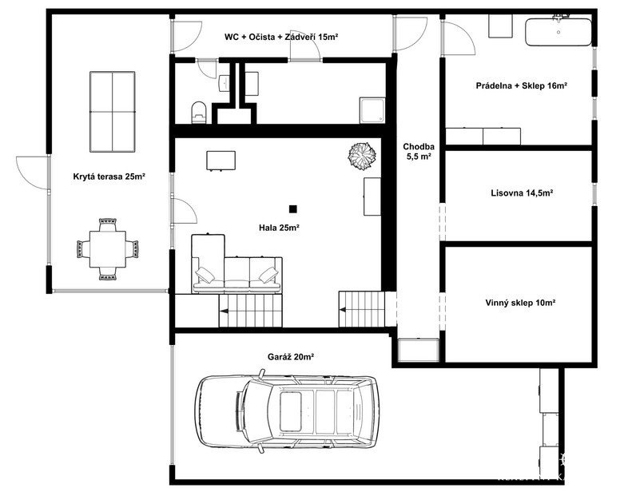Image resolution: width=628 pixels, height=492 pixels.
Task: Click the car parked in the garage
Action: tap(287, 412)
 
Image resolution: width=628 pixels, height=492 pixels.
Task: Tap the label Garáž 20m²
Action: tap(290, 357)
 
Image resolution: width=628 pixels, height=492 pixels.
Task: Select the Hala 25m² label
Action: tap(279, 228)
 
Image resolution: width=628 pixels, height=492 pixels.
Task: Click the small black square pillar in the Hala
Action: tap(293, 208)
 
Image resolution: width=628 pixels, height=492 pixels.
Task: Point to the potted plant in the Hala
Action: tap(362, 155)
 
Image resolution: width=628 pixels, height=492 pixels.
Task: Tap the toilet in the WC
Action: tap(199, 113)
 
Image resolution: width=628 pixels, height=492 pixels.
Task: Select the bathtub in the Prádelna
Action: tap(558, 32)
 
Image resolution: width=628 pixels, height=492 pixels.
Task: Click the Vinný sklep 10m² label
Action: tap(520, 303)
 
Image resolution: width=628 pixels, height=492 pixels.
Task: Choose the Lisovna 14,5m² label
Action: tap(522, 193)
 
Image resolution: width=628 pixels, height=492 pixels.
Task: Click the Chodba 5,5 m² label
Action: tap(419, 152)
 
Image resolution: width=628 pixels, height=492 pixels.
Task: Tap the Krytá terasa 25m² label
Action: tap(109, 177)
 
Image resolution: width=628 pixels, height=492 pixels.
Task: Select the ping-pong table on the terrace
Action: tap(112, 112)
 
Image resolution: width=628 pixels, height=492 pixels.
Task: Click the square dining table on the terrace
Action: tap(107, 249)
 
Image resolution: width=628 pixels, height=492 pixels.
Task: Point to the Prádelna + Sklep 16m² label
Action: tap(522, 85)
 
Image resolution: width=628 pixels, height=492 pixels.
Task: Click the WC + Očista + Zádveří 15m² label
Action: tap(281, 38)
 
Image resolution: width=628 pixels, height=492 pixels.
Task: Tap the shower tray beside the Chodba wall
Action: tap(372, 109)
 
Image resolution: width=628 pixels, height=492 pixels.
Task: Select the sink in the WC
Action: tap(225, 83)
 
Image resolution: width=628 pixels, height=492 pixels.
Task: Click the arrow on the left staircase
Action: tap(223, 310)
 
